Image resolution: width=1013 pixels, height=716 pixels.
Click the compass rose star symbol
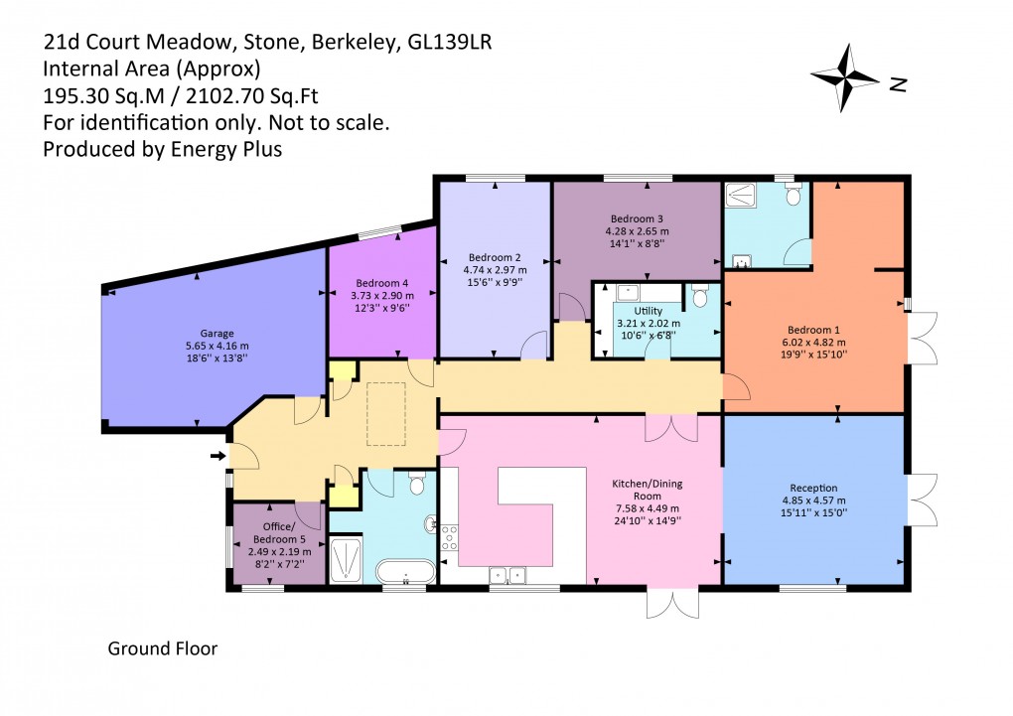(845, 77)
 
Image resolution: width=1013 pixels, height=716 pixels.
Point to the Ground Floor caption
(162, 649)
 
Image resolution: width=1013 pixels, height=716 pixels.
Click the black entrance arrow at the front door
(218, 456)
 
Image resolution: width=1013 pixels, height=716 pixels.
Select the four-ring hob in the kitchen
(448, 537)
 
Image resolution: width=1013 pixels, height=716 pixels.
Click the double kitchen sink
(507, 573)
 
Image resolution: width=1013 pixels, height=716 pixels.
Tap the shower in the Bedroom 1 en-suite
(743, 196)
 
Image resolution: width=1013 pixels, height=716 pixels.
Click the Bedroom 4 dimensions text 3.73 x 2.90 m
(382, 296)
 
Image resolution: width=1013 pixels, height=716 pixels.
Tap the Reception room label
(813, 488)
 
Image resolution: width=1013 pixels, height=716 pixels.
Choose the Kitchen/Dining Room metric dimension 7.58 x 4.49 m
(647, 507)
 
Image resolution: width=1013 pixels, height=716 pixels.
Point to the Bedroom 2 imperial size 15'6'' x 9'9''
(495, 282)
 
